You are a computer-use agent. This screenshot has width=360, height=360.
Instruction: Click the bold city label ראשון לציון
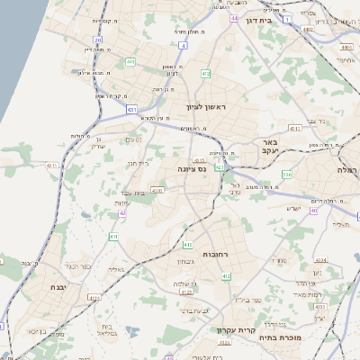pyautogui.click(x=208, y=107)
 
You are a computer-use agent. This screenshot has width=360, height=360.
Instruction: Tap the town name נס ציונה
pyautogui.click(x=191, y=168)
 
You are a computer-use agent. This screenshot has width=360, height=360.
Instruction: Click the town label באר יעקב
pyautogui.click(x=271, y=148)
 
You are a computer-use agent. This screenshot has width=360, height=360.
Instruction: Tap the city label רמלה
pyautogui.click(x=347, y=169)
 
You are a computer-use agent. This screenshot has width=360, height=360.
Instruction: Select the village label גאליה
pyautogui.click(x=115, y=269)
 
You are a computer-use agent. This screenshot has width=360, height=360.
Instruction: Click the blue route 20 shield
pyautogui.click(x=97, y=40)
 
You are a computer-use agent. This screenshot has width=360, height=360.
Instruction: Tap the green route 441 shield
pyautogui.click(x=130, y=62)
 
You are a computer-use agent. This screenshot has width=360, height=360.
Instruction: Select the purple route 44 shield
pyautogui.click(x=234, y=18)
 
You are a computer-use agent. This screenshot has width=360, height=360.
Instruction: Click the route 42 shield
pyautogui.click(x=122, y=213)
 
